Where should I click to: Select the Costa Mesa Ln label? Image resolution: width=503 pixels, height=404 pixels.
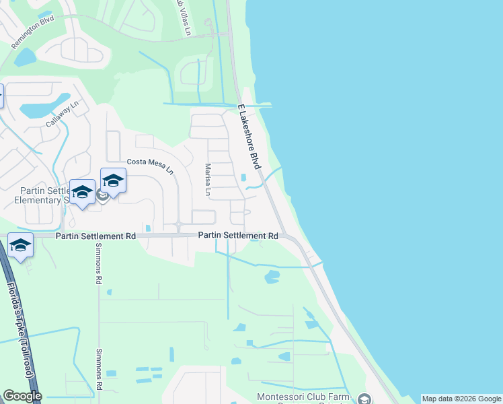coord(150,166)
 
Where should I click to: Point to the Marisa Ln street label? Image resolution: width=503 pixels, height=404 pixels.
coord(208,180)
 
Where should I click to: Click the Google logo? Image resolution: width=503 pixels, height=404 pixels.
coord(22,396)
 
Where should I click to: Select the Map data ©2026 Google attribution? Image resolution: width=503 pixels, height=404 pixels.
coord(461,399)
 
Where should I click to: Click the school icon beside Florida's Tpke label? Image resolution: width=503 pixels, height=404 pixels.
coord(21,246)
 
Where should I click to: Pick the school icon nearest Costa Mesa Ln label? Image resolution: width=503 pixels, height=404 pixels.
coord(113,180)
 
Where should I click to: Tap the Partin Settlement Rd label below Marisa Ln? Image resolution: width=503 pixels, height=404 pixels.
coord(238,236)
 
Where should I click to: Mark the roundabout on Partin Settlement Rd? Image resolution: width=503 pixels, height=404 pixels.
coord(179,224)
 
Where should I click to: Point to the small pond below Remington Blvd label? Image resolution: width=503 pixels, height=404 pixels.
coord(26,58)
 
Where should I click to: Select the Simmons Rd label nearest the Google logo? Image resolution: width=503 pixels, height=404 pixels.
coord(99,370)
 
